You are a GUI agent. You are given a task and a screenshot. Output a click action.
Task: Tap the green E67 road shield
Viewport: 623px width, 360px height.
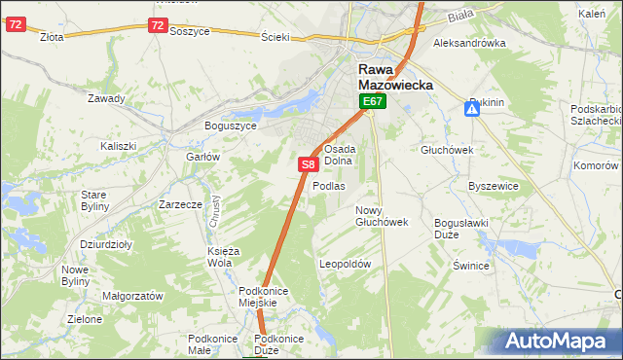coord(373,101)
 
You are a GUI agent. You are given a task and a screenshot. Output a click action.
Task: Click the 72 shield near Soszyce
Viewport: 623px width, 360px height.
coord(158,26)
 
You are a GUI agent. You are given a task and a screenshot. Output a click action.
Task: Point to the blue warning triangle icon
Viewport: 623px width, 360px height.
coord(472,110)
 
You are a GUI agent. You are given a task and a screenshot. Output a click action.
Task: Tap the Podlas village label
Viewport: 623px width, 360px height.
coord(329,186)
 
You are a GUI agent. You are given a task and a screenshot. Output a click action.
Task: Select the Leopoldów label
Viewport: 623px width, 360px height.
coord(346,264)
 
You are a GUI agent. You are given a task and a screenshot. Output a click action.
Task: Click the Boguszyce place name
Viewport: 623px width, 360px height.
coord(230,126)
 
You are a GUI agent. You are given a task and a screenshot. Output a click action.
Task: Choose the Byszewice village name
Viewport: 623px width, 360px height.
coord(491,185)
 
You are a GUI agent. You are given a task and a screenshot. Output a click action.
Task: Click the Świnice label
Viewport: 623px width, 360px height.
coord(470,265)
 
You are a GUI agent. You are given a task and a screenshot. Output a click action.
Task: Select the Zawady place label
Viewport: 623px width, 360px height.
coord(106,98)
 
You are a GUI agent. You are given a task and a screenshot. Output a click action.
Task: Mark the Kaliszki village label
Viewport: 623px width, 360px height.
coord(118,146)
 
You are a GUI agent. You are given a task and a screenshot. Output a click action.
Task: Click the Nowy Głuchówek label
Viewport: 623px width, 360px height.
coord(381,216)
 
